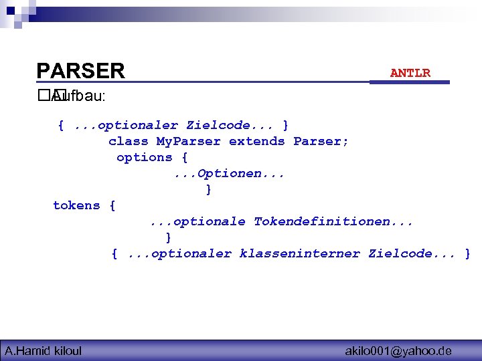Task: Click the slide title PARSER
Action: point(80,71)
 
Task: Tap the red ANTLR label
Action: point(410,73)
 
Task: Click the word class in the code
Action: point(128,141)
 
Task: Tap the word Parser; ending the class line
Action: point(321,141)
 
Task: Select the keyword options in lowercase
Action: point(144,157)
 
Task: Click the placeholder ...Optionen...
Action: point(229,173)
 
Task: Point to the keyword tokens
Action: point(76,205)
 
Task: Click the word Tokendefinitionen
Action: point(333,221)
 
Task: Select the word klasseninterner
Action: point(300,253)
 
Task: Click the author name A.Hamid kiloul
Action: point(43,350)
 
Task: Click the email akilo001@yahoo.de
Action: point(398,350)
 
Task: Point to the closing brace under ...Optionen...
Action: point(209,189)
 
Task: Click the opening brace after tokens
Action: point(112,205)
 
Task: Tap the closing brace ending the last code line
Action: point(467,253)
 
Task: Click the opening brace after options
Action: point(184,157)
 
